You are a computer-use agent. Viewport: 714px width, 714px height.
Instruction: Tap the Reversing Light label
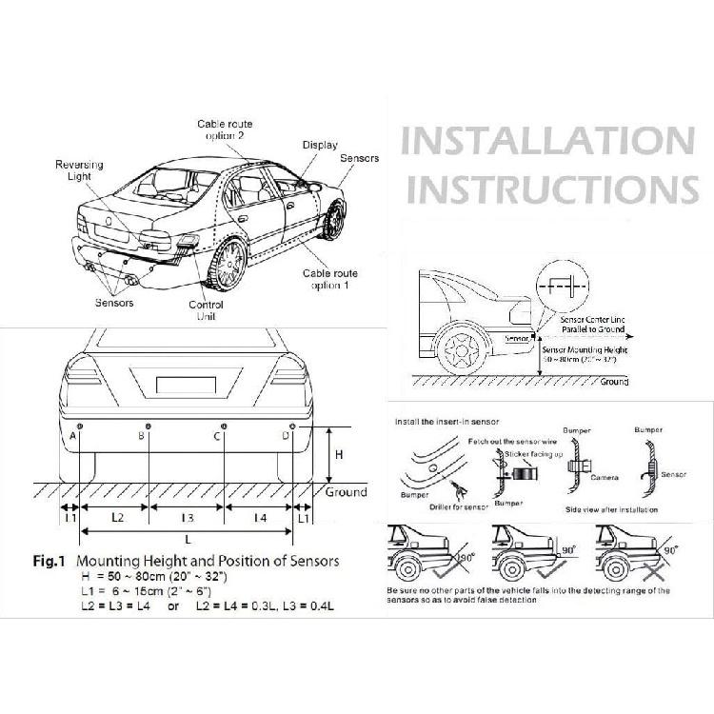[x=79, y=170]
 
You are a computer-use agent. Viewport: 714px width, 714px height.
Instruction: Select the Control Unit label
[x=206, y=310]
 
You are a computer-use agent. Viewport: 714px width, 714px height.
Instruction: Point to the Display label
[x=320, y=145]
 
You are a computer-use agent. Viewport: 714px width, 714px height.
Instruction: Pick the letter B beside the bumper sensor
[x=141, y=436]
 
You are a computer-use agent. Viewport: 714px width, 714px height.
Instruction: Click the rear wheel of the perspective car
[x=228, y=264]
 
